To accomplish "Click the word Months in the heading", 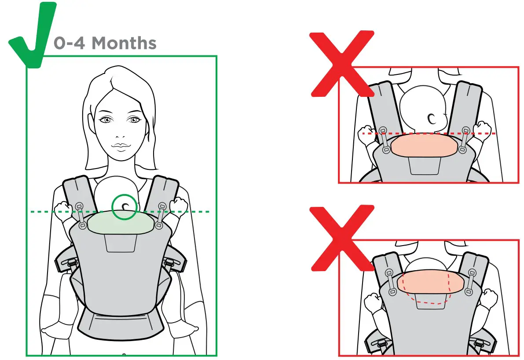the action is (124, 43).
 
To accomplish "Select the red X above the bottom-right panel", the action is (342, 238).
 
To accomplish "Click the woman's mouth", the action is (120, 147).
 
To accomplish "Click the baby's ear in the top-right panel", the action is (432, 118).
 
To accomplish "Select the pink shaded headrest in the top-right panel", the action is (424, 145).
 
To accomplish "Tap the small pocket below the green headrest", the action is (121, 243).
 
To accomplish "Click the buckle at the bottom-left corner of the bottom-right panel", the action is (379, 344).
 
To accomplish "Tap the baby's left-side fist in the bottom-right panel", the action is (373, 301).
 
